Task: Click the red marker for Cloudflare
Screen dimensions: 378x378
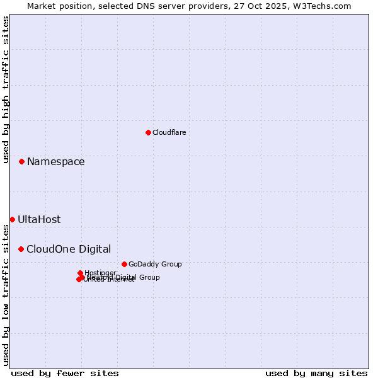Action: (x=148, y=132)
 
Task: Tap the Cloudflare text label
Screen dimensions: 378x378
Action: (x=169, y=132)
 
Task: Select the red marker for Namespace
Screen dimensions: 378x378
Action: (x=21, y=162)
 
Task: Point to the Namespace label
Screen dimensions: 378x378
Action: (x=55, y=162)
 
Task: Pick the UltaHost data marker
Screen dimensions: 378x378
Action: (x=12, y=219)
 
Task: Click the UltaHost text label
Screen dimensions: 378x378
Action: (x=39, y=220)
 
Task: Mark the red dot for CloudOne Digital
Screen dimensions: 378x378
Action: (x=21, y=249)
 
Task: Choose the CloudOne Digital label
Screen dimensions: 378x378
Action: (x=69, y=249)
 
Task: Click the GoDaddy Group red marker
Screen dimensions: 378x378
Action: (x=124, y=264)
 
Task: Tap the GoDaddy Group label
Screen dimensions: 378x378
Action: (x=155, y=264)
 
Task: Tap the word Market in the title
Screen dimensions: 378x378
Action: (x=42, y=6)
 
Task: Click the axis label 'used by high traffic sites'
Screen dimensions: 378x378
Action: (x=6, y=89)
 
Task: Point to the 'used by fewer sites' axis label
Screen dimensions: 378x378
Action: (x=65, y=373)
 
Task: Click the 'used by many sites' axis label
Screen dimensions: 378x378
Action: (x=316, y=373)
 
